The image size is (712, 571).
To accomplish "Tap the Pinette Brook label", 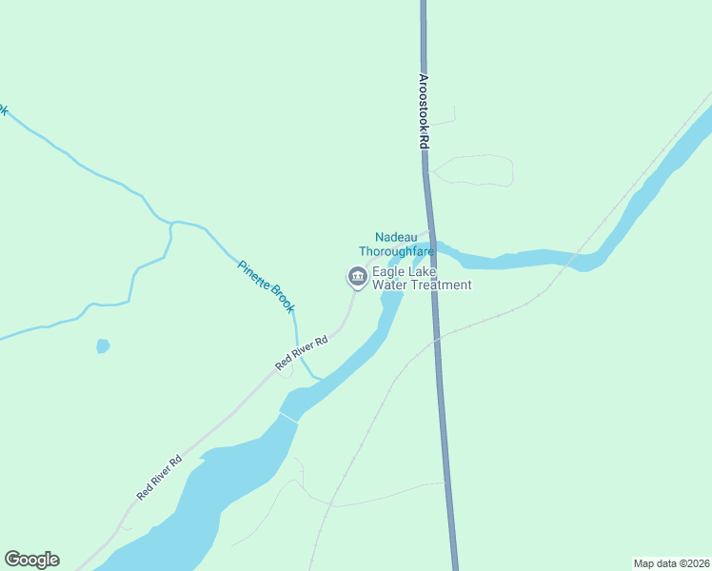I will click(x=267, y=286).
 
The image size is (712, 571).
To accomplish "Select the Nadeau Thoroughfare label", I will click(x=396, y=244).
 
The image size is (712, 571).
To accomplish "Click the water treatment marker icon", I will click(x=357, y=277).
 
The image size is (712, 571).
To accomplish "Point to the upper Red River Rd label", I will click(x=302, y=352).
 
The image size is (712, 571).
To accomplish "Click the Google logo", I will click(x=31, y=560).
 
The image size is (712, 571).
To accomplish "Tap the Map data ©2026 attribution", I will click(x=671, y=562).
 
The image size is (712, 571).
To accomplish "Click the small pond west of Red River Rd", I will click(x=103, y=346).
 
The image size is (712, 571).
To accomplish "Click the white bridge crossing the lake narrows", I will click(x=288, y=418).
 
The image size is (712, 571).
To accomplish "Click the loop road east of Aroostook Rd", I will click(x=476, y=170).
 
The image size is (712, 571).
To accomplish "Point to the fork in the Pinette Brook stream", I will click(x=171, y=225).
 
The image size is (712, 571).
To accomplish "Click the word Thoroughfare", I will click(x=396, y=251).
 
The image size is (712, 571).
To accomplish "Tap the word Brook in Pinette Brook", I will click(x=281, y=299).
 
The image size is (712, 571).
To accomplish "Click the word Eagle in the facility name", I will click(x=387, y=271).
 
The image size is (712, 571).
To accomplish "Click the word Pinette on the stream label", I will click(x=253, y=273).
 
